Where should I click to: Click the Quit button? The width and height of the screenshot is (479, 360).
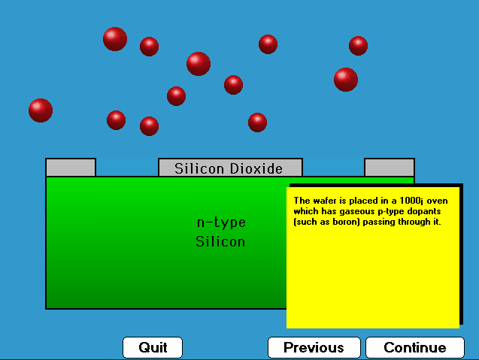[153, 347]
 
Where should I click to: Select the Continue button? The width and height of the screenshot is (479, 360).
[415, 347]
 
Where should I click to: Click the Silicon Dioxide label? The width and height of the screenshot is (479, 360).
[229, 168]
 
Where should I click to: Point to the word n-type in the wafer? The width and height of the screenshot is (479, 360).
[221, 222]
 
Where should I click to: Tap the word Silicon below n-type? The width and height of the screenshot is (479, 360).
[220, 242]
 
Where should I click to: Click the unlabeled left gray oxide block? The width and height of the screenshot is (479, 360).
[71, 168]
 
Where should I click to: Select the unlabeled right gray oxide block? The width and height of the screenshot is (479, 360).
[390, 168]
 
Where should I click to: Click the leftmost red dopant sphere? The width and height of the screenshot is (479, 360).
[41, 110]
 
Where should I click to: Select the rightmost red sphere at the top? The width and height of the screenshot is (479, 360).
[359, 46]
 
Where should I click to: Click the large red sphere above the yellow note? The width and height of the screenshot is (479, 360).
[346, 80]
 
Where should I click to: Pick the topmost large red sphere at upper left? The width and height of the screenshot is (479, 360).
[115, 39]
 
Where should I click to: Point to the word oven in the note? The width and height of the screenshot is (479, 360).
[437, 201]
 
